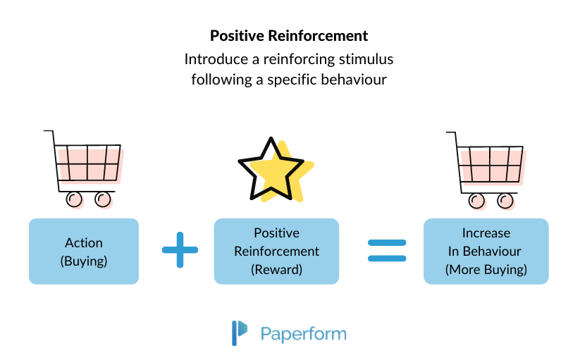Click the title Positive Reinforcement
(289, 35)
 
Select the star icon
(272, 170)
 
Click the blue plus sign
(180, 252)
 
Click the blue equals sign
(388, 252)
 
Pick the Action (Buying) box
(84, 251)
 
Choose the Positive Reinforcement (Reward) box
(276, 251)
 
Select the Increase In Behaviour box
(486, 251)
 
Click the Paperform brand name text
(303, 333)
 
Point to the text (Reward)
(276, 268)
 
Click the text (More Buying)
(486, 268)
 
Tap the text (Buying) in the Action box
(84, 260)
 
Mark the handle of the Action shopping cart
(49, 132)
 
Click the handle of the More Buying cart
(451, 132)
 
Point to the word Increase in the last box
(486, 233)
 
